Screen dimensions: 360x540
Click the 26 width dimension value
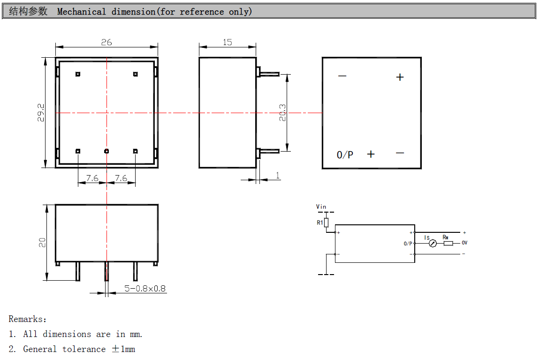click(106, 42)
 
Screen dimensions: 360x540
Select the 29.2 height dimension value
click(41, 113)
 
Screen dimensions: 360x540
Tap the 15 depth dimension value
click(228, 42)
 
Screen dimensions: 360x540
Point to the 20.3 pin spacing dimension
click(282, 113)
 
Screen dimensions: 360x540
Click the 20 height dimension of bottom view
click(42, 243)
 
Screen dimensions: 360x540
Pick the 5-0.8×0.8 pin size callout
click(145, 289)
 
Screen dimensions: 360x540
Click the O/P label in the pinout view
click(345, 154)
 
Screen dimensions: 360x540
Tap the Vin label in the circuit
click(321, 207)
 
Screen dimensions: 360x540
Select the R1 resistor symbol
click(327, 222)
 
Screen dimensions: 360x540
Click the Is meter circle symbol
click(433, 243)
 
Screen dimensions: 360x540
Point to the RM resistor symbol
click(448, 243)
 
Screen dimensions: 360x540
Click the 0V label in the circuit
click(464, 243)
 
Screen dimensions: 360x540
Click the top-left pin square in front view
click(78, 74)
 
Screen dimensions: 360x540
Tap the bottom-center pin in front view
click(106, 151)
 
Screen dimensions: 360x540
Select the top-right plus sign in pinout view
click(400, 77)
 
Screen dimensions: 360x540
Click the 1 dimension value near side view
click(278, 176)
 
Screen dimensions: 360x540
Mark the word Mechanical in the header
click(82, 12)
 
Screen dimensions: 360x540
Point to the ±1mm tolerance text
click(123, 349)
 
